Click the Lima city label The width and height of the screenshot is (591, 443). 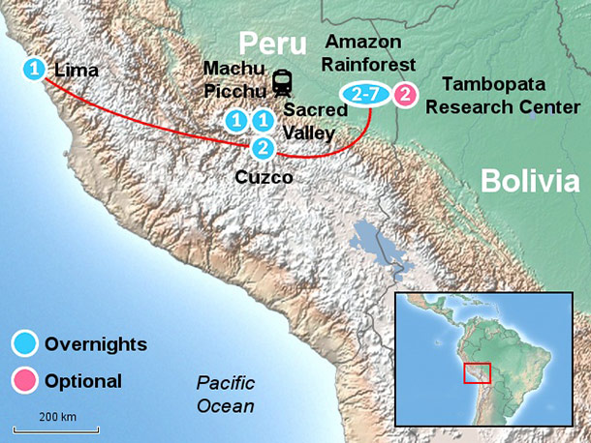point(77,70)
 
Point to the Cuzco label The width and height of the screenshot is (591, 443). point(264,178)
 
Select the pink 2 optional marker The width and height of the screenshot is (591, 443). point(406,95)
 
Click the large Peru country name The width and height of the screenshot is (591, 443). point(273,42)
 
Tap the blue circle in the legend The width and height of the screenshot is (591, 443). point(25,343)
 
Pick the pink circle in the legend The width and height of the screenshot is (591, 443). point(25,380)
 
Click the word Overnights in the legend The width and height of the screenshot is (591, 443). point(96,343)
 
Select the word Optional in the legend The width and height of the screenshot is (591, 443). point(83,380)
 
